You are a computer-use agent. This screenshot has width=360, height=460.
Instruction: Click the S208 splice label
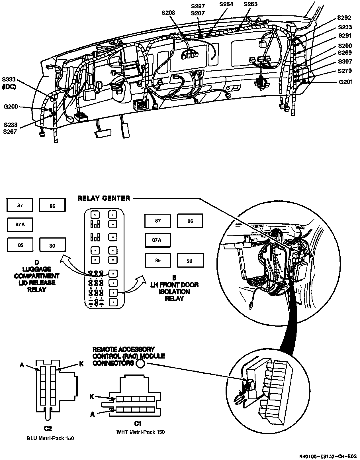coord(168,13)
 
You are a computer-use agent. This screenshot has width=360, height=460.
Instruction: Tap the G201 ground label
coord(345,82)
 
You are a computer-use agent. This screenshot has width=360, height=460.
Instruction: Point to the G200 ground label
coord(11,107)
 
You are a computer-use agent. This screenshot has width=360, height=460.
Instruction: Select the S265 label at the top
coord(251,4)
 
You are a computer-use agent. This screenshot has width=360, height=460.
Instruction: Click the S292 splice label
coord(344,18)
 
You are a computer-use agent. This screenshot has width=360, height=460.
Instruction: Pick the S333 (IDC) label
coord(9,83)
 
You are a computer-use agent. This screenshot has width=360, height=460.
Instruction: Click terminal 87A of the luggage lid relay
coord(20,225)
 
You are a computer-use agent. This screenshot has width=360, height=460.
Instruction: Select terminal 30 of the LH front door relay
coord(190,261)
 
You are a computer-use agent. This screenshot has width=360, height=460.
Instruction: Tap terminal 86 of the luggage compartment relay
coord(52,206)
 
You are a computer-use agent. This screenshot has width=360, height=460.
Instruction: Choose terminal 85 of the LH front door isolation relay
coord(158,260)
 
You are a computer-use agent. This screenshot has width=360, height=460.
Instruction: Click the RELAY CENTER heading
coord(104,198)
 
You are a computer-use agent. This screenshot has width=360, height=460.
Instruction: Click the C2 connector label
coord(48,428)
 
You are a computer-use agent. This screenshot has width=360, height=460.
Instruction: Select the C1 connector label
coord(138,423)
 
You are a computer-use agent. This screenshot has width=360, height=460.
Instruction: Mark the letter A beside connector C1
coord(92,414)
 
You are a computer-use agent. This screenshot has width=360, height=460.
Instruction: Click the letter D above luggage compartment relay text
coord(36,262)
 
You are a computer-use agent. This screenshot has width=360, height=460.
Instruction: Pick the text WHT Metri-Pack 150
coord(141,432)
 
